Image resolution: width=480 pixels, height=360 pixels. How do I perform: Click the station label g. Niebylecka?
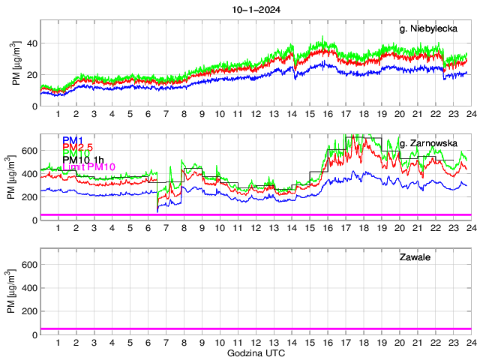click(x=428, y=28)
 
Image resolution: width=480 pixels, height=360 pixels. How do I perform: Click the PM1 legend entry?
click(x=73, y=140)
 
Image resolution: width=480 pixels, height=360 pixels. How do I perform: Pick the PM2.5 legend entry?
click(x=78, y=147)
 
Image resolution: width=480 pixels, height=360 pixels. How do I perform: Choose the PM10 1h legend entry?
click(x=85, y=160)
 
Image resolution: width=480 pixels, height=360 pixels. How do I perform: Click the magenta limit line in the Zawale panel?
click(x=255, y=328)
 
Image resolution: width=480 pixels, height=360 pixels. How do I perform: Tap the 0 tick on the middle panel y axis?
click(x=34, y=220)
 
